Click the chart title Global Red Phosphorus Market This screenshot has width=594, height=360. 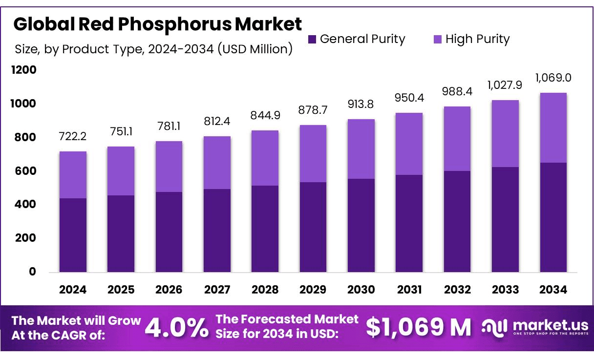(x=158, y=24)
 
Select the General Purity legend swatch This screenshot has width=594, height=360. (x=313, y=39)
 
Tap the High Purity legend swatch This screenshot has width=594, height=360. (x=438, y=39)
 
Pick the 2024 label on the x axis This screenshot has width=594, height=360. (x=73, y=290)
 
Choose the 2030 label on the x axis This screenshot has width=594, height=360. (x=361, y=290)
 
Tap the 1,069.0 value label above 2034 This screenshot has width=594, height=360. (x=553, y=78)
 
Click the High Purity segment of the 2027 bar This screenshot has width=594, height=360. (x=217, y=163)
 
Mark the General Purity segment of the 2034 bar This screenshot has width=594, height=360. (x=553, y=217)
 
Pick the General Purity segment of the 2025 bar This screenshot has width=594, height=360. (x=121, y=233)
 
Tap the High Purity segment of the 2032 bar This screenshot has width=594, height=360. (x=457, y=139)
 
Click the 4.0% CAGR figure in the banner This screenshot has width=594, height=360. (x=177, y=328)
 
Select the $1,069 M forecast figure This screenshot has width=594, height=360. (x=419, y=328)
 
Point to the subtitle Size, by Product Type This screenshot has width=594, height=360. (x=154, y=49)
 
